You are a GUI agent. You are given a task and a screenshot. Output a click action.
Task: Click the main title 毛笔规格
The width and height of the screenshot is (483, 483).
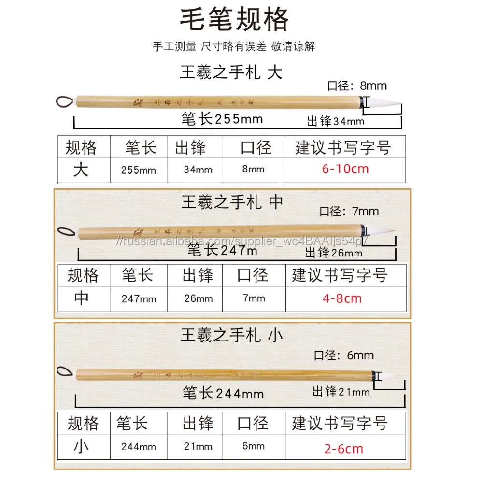point(234,20)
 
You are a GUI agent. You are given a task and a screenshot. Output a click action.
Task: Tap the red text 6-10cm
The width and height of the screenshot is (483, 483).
point(345,169)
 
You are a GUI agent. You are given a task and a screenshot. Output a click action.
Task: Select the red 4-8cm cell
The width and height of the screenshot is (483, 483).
point(342,298)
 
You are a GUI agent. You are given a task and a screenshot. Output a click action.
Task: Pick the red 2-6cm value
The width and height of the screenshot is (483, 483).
point(343,449)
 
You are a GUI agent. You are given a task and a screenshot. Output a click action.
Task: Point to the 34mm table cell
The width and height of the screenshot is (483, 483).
point(198,170)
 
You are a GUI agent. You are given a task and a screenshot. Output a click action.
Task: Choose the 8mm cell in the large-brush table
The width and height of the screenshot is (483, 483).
point(253,169)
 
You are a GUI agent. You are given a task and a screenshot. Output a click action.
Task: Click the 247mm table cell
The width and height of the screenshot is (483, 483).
point(139,299)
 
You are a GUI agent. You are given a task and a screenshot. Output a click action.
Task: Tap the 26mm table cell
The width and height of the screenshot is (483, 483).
point(198,298)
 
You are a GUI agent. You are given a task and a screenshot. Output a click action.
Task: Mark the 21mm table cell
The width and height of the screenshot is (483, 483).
point(198,446)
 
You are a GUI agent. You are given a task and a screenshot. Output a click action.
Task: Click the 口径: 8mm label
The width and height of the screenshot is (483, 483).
point(357,86)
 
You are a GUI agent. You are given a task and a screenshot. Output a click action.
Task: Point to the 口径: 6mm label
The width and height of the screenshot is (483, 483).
point(344,355)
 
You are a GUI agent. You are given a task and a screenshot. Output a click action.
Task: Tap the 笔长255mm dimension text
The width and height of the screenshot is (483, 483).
point(222,118)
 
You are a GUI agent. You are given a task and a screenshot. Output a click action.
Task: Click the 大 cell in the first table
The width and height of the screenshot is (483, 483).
point(81,170)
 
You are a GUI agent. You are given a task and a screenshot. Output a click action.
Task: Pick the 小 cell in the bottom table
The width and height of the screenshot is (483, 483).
point(81,447)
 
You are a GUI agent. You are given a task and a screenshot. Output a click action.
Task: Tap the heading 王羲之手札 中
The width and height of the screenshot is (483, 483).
point(232,202)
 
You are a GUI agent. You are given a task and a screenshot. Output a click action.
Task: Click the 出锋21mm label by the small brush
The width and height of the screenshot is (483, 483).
point(341,391)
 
